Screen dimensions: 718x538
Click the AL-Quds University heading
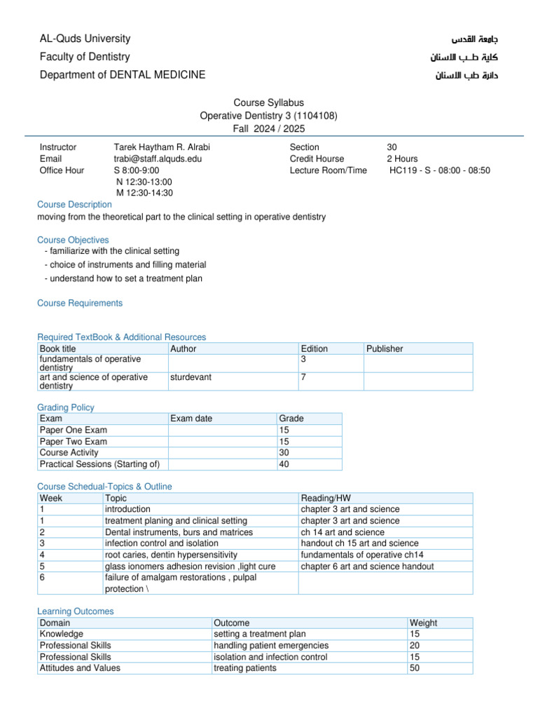pos(85,39)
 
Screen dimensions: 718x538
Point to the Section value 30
pos(392,147)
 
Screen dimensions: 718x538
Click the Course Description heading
pos(74,204)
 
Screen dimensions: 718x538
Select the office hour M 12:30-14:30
pos(144,193)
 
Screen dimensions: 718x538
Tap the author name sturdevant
pos(191,377)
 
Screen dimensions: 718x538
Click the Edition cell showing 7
pos(303,377)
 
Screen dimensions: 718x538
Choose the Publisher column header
pos(385,348)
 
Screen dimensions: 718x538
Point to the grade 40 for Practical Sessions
pos(284,463)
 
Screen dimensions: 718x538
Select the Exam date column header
pos(191,419)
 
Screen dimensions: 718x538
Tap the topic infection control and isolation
pos(161,543)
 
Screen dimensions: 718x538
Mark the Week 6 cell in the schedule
pos(43,577)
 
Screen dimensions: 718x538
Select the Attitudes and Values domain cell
pos(80,668)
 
